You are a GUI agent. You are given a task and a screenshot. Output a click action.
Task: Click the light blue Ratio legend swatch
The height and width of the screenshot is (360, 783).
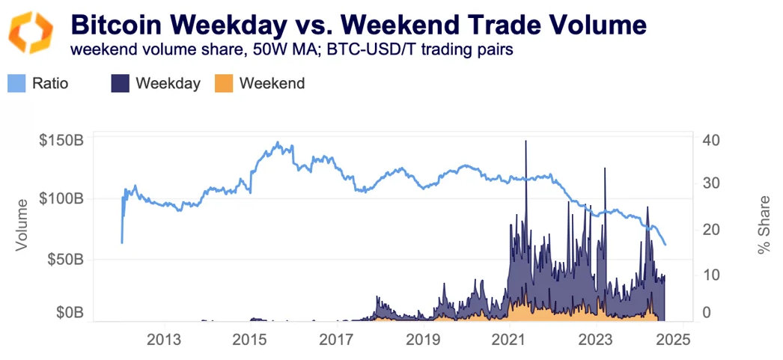coord(17,83)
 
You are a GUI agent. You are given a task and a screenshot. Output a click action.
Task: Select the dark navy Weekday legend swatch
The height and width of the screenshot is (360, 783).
coord(121,83)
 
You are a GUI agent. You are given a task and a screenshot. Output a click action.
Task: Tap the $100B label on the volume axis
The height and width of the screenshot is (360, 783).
coord(61,199)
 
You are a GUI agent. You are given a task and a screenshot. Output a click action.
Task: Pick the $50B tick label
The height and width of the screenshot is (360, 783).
coord(65,259)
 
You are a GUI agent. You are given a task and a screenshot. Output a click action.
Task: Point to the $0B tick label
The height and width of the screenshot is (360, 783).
coord(68,312)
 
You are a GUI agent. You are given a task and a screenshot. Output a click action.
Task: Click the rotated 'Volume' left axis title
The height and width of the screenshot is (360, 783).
coord(23,225)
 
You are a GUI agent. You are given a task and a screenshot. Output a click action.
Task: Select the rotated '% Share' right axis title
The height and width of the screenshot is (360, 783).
coord(764,225)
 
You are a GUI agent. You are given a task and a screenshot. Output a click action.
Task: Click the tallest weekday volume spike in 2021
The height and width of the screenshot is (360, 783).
coord(526,142)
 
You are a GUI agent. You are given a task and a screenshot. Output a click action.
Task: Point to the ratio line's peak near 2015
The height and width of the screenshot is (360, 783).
coord(278,143)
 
